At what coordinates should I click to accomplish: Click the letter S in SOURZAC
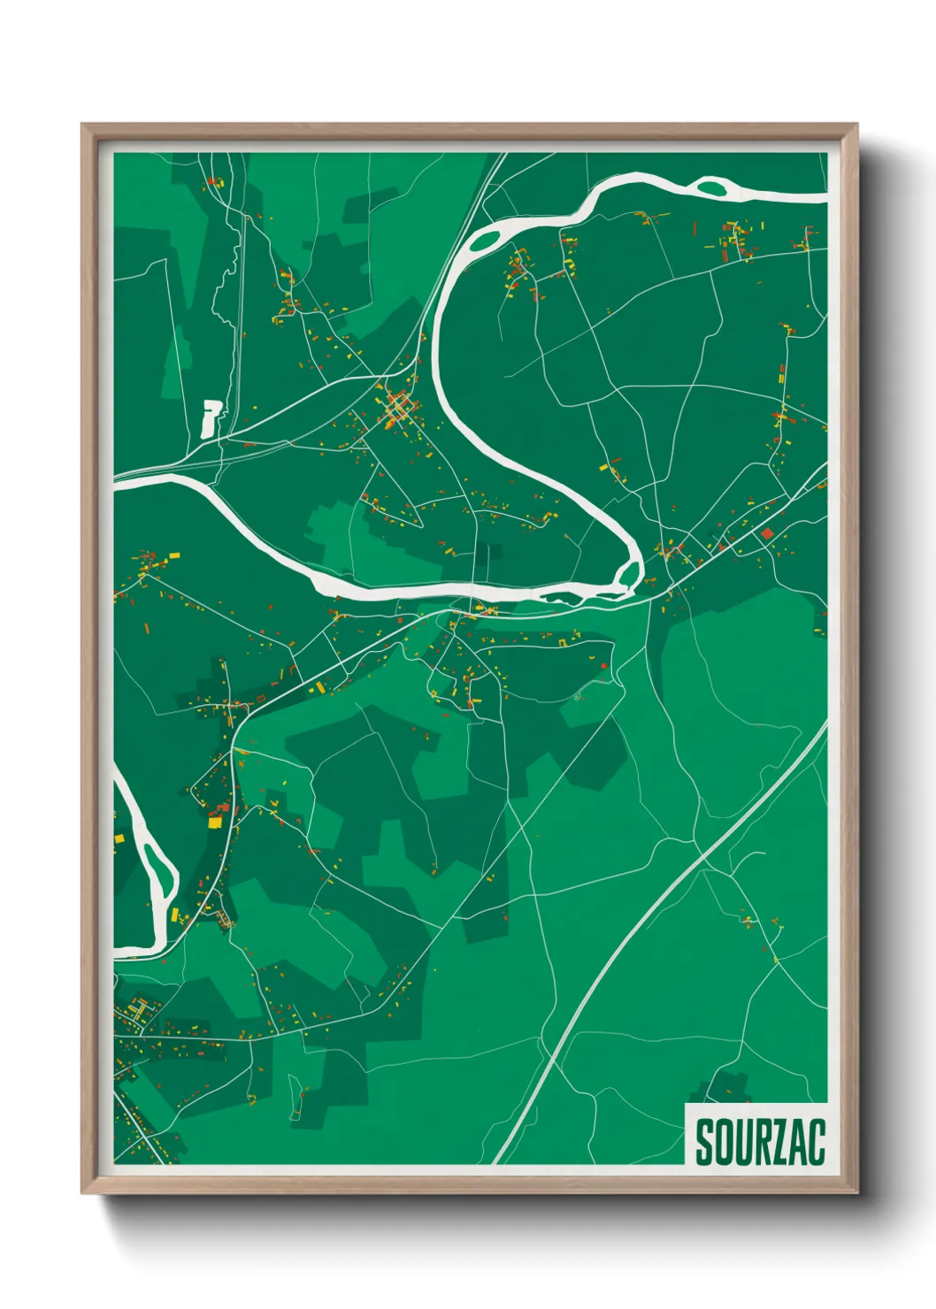click(704, 1143)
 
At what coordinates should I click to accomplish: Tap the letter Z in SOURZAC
click(775, 1143)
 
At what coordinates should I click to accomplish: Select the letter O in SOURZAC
click(721, 1143)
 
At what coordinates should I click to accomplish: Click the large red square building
click(767, 532)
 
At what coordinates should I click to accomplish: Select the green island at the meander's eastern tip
click(629, 575)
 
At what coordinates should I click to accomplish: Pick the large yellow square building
click(214, 822)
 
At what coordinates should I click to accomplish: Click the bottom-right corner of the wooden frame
click(856, 1192)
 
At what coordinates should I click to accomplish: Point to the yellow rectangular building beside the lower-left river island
click(174, 915)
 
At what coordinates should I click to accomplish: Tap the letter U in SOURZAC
click(739, 1143)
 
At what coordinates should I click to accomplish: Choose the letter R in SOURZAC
click(757, 1143)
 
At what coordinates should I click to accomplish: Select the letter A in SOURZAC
click(794, 1143)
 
